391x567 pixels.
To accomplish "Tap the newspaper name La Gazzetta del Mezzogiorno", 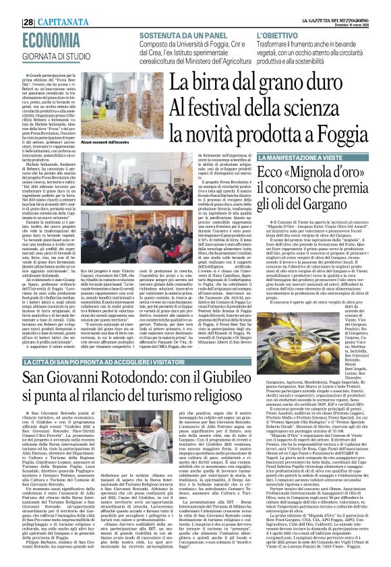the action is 341,5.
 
